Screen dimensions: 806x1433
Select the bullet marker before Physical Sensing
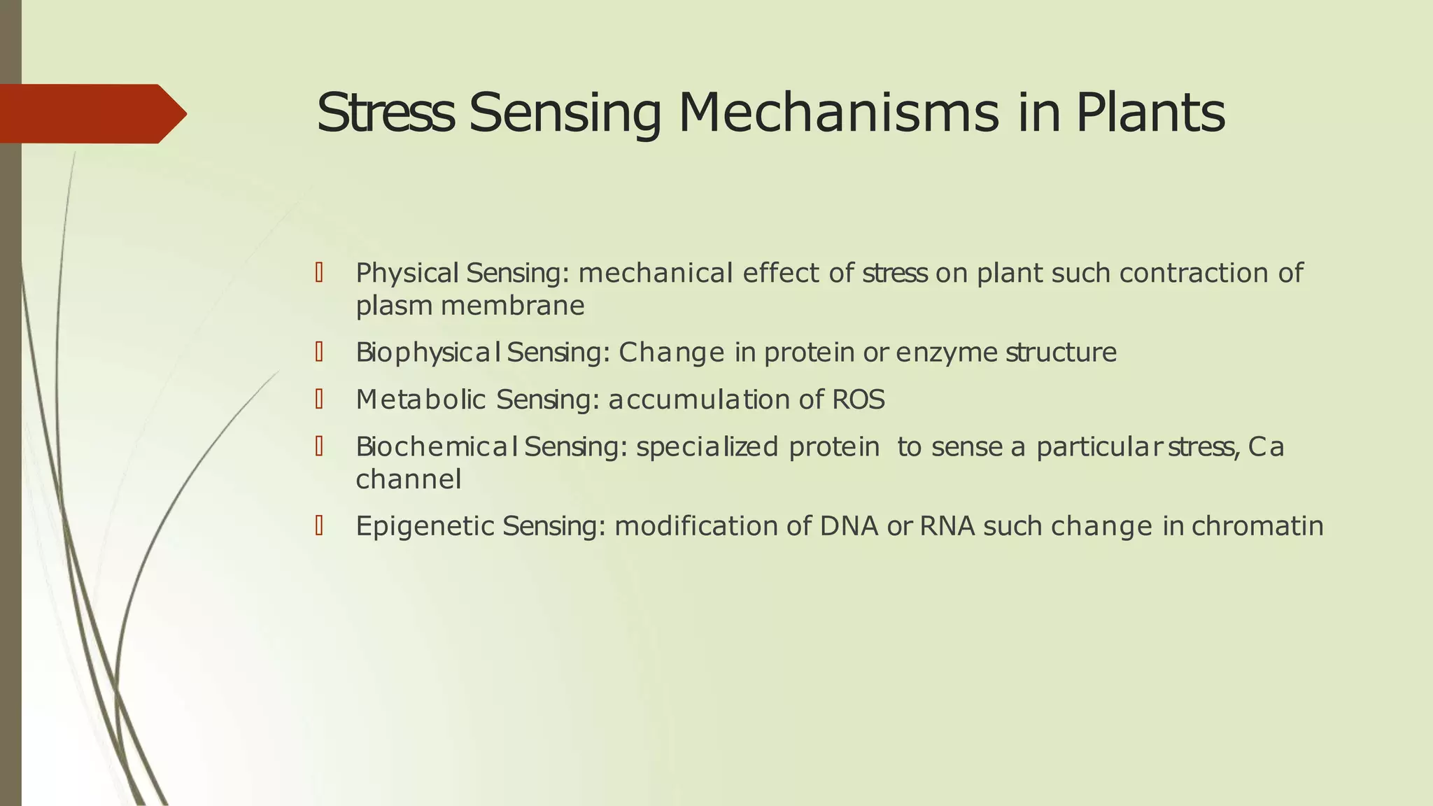pyautogui.click(x=319, y=273)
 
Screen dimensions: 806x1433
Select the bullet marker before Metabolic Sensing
pyautogui.click(x=319, y=400)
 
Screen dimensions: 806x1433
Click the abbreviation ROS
pyautogui.click(x=859, y=400)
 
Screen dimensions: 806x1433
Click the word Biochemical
pyautogui.click(x=437, y=446)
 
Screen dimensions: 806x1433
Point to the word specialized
pyautogui.click(x=707, y=446)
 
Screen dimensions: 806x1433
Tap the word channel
pyautogui.click(x=408, y=479)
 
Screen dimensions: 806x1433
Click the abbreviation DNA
pyautogui.click(x=849, y=526)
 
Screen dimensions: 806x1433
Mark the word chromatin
pyautogui.click(x=1257, y=526)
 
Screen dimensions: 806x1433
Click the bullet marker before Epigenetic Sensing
pyautogui.click(x=319, y=525)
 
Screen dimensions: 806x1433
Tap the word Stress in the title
pyautogui.click(x=384, y=113)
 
